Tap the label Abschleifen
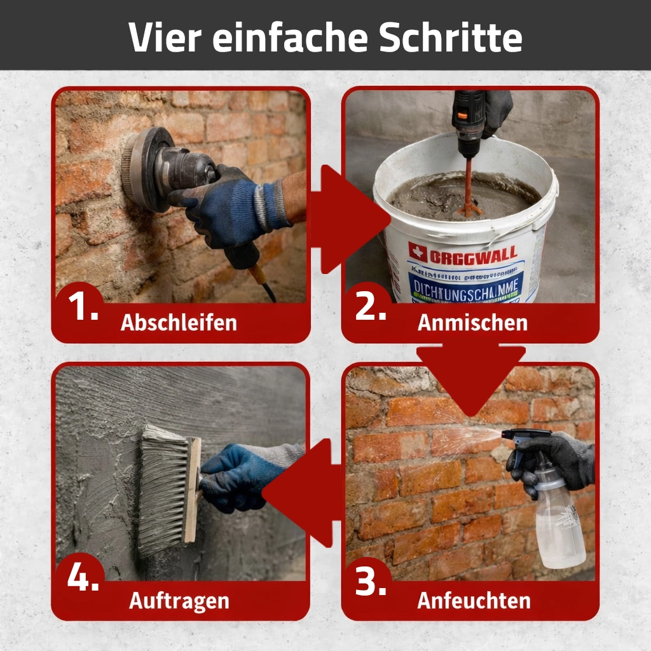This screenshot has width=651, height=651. click(179, 322)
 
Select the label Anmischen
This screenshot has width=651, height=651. click(472, 322)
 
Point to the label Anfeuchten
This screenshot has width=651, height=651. click(474, 600)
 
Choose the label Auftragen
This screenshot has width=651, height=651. click(179, 600)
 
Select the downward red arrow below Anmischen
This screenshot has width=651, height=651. click(471, 375)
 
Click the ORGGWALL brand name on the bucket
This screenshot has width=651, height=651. click(474, 257)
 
